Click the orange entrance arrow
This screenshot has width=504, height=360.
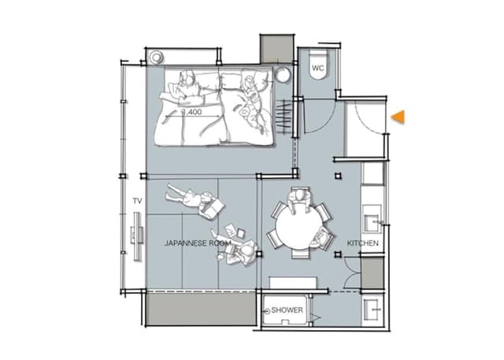[x=398, y=117]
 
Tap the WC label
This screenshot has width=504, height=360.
[x=318, y=69]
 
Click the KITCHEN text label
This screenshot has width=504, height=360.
[x=362, y=243]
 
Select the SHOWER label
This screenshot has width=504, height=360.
[x=287, y=310]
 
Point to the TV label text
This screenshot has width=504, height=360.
[x=137, y=201]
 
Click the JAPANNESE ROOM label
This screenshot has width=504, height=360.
[x=198, y=243]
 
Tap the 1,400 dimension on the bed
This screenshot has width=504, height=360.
[x=192, y=112]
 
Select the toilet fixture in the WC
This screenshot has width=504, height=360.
[x=318, y=65]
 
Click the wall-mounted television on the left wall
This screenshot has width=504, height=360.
[x=138, y=236]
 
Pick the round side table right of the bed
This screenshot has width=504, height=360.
[x=283, y=76]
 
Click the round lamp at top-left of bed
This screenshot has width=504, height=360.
[x=157, y=58]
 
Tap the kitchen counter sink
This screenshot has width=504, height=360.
[x=372, y=223]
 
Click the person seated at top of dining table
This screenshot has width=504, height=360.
[x=299, y=200]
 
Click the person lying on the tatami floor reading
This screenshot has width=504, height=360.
[x=195, y=201]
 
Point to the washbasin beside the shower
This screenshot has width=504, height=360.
[x=372, y=310]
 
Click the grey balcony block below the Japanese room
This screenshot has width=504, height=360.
[x=202, y=309]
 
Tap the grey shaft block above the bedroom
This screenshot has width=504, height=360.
[x=276, y=49]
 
